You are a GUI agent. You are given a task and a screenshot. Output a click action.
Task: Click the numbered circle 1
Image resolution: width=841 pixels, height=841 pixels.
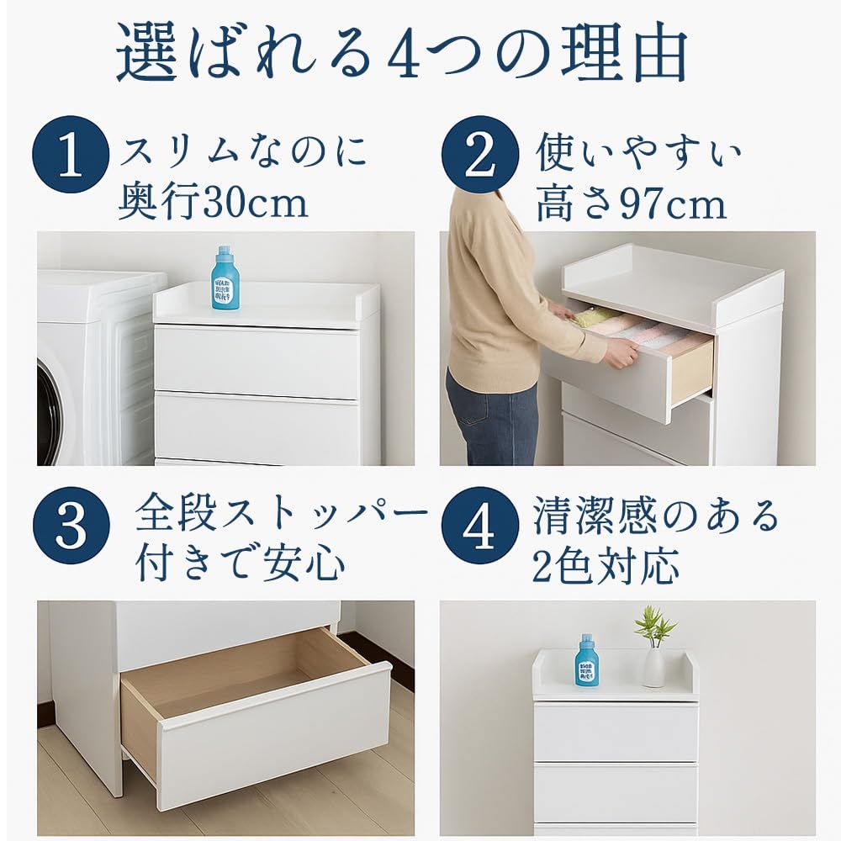click(x=71, y=155)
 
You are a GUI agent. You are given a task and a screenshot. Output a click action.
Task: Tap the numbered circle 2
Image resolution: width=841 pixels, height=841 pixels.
click(x=480, y=155)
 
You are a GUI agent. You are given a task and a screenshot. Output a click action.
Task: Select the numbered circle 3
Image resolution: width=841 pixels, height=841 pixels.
click(x=71, y=526)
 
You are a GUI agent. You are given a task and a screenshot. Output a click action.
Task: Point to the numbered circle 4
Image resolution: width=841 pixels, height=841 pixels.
click(x=480, y=526)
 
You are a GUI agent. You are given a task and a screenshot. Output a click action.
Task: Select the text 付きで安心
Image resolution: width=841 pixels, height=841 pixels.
click(x=241, y=562)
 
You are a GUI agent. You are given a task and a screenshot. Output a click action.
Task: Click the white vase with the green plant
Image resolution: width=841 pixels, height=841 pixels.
click(x=653, y=666)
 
